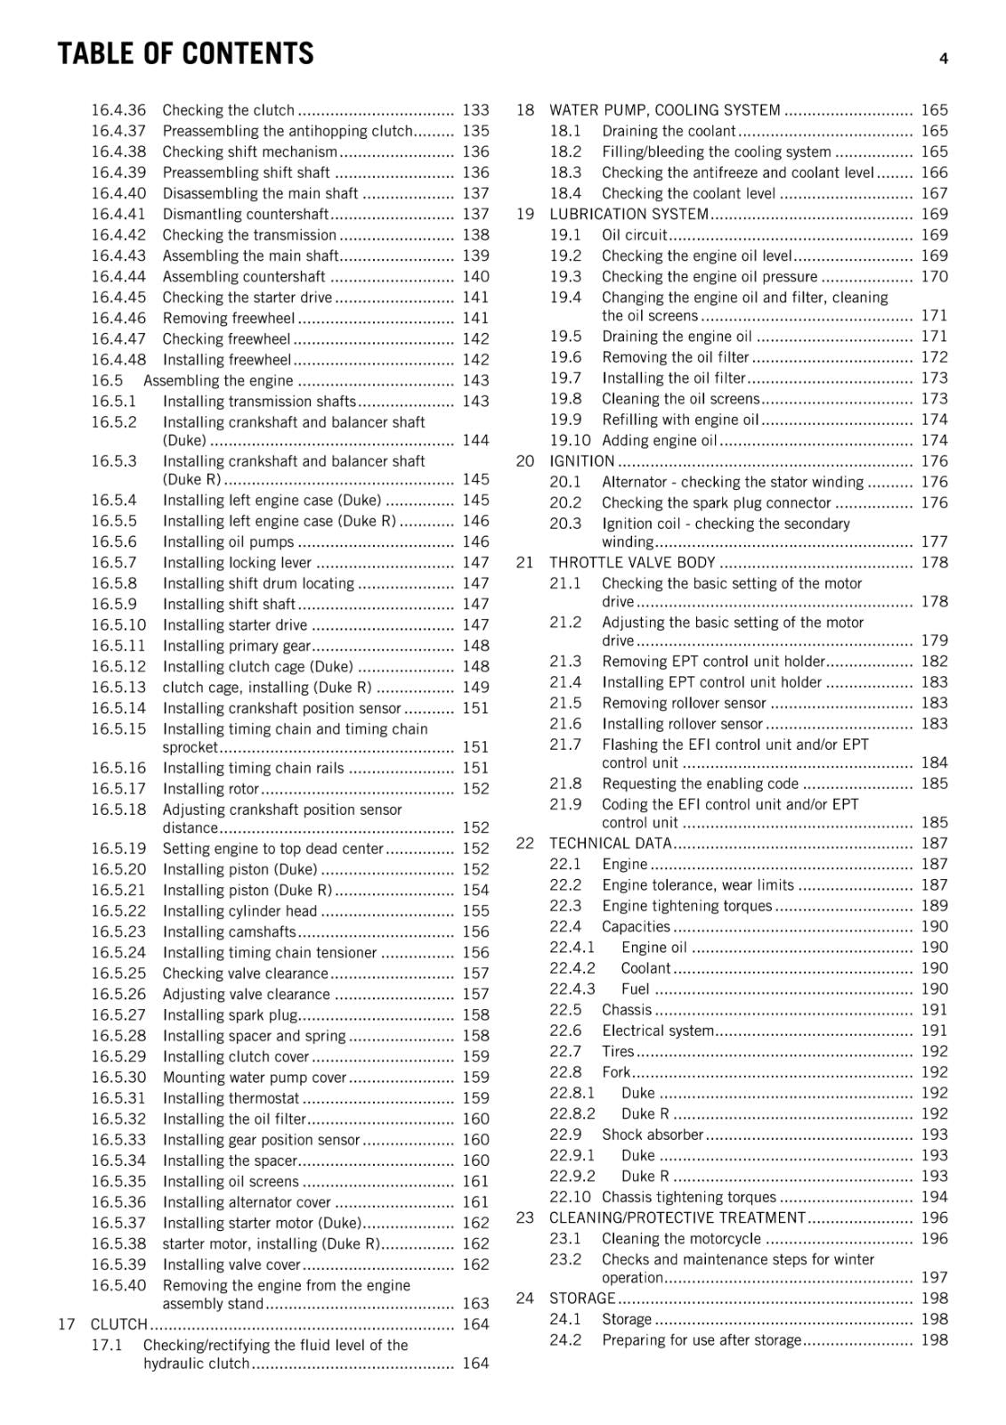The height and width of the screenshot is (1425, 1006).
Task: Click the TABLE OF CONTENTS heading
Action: [185, 54]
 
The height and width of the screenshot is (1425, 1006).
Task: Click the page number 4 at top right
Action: [943, 59]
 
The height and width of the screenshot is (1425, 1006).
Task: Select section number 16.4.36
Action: [118, 110]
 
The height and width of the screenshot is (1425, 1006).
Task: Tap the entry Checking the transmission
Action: [249, 235]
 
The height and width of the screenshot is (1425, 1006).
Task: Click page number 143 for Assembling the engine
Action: [475, 380]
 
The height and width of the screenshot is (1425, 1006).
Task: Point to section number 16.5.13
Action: [118, 688]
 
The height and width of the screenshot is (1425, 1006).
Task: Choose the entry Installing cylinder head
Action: [239, 911]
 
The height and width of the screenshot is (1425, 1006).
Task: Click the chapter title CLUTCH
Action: [118, 1324]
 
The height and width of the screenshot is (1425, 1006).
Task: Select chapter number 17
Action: [67, 1324]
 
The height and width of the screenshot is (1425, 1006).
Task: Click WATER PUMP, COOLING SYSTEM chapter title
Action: [664, 110]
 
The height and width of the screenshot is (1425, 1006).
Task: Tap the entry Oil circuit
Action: [634, 235]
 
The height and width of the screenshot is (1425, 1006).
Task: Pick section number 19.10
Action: [570, 441]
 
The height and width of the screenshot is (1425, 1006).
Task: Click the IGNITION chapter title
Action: [581, 461]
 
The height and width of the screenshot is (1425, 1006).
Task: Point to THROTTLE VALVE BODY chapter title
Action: [632, 563]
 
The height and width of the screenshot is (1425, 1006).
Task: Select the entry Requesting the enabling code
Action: [700, 784]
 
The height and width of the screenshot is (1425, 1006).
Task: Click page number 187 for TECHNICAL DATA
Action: [934, 843]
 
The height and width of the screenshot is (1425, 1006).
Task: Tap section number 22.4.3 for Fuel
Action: [572, 989]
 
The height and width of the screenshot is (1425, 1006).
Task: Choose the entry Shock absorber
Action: [653, 1135]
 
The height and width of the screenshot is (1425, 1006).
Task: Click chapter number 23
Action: [525, 1217]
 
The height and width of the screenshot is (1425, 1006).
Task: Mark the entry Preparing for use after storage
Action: [702, 1340]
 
